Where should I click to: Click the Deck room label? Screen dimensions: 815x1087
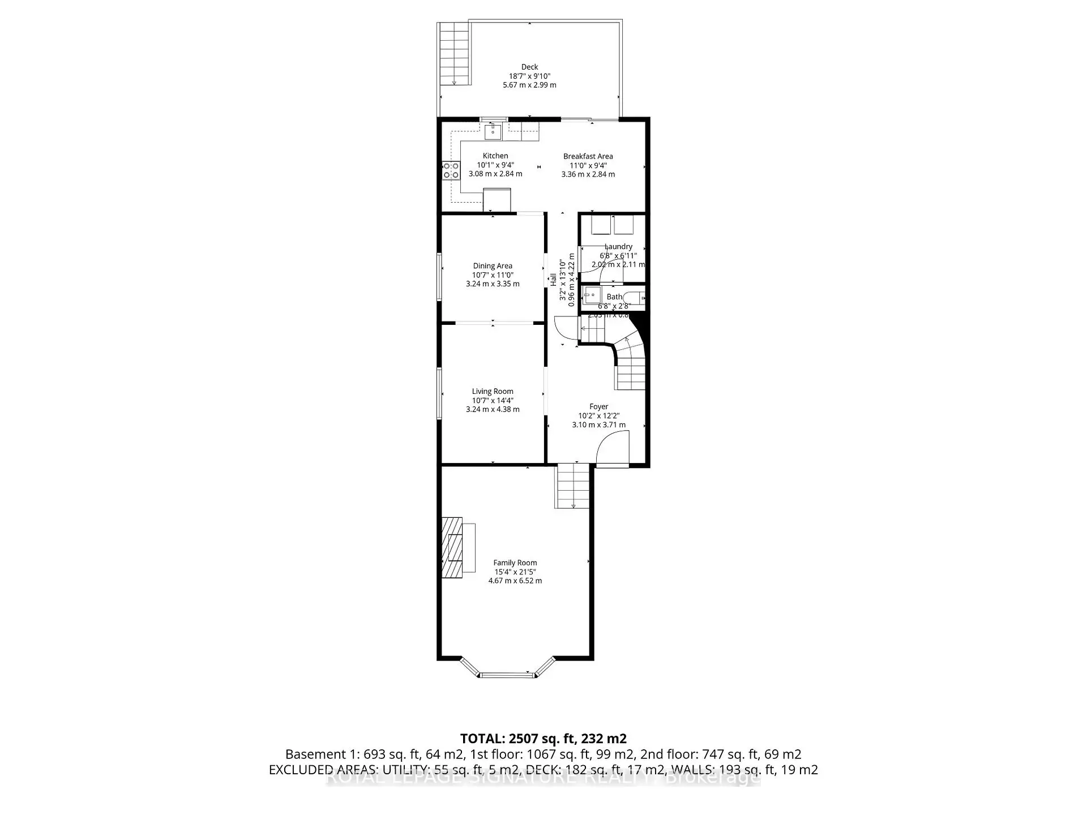click(529, 67)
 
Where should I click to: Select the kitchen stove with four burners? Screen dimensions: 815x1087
click(451, 170)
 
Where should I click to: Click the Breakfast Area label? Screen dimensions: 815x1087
click(588, 156)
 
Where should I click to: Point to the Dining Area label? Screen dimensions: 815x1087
click(493, 266)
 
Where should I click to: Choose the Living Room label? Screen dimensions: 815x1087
click(493, 392)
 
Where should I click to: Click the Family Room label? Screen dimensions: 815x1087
click(515, 563)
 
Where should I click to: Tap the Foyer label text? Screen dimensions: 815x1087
click(598, 406)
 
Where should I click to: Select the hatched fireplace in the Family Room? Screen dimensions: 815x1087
click(452, 547)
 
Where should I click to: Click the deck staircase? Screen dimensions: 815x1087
click(454, 54)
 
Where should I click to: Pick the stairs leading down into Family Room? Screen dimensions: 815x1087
click(573, 486)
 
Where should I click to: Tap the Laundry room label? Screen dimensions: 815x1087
click(618, 247)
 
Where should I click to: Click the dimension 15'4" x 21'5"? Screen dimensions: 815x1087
click(515, 572)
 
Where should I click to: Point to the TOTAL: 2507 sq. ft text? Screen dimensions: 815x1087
click(543, 739)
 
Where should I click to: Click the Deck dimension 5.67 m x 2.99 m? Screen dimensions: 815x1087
click(529, 85)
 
